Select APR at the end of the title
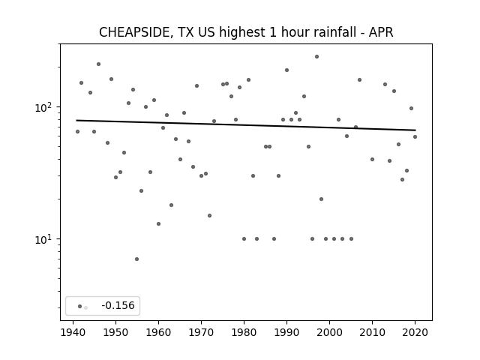click(381, 32)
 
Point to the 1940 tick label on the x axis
click(73, 332)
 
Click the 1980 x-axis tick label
click(244, 332)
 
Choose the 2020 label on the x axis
click(415, 332)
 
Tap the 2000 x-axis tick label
click(329, 332)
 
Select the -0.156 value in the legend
click(118, 305)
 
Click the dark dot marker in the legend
click(80, 306)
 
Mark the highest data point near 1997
click(316, 57)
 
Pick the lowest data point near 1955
click(136, 259)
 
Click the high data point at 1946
click(98, 64)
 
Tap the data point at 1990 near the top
click(286, 70)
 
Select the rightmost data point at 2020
click(415, 136)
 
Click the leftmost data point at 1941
click(77, 132)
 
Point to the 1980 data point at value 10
click(244, 238)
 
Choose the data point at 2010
click(372, 159)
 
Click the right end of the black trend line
click(415, 130)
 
